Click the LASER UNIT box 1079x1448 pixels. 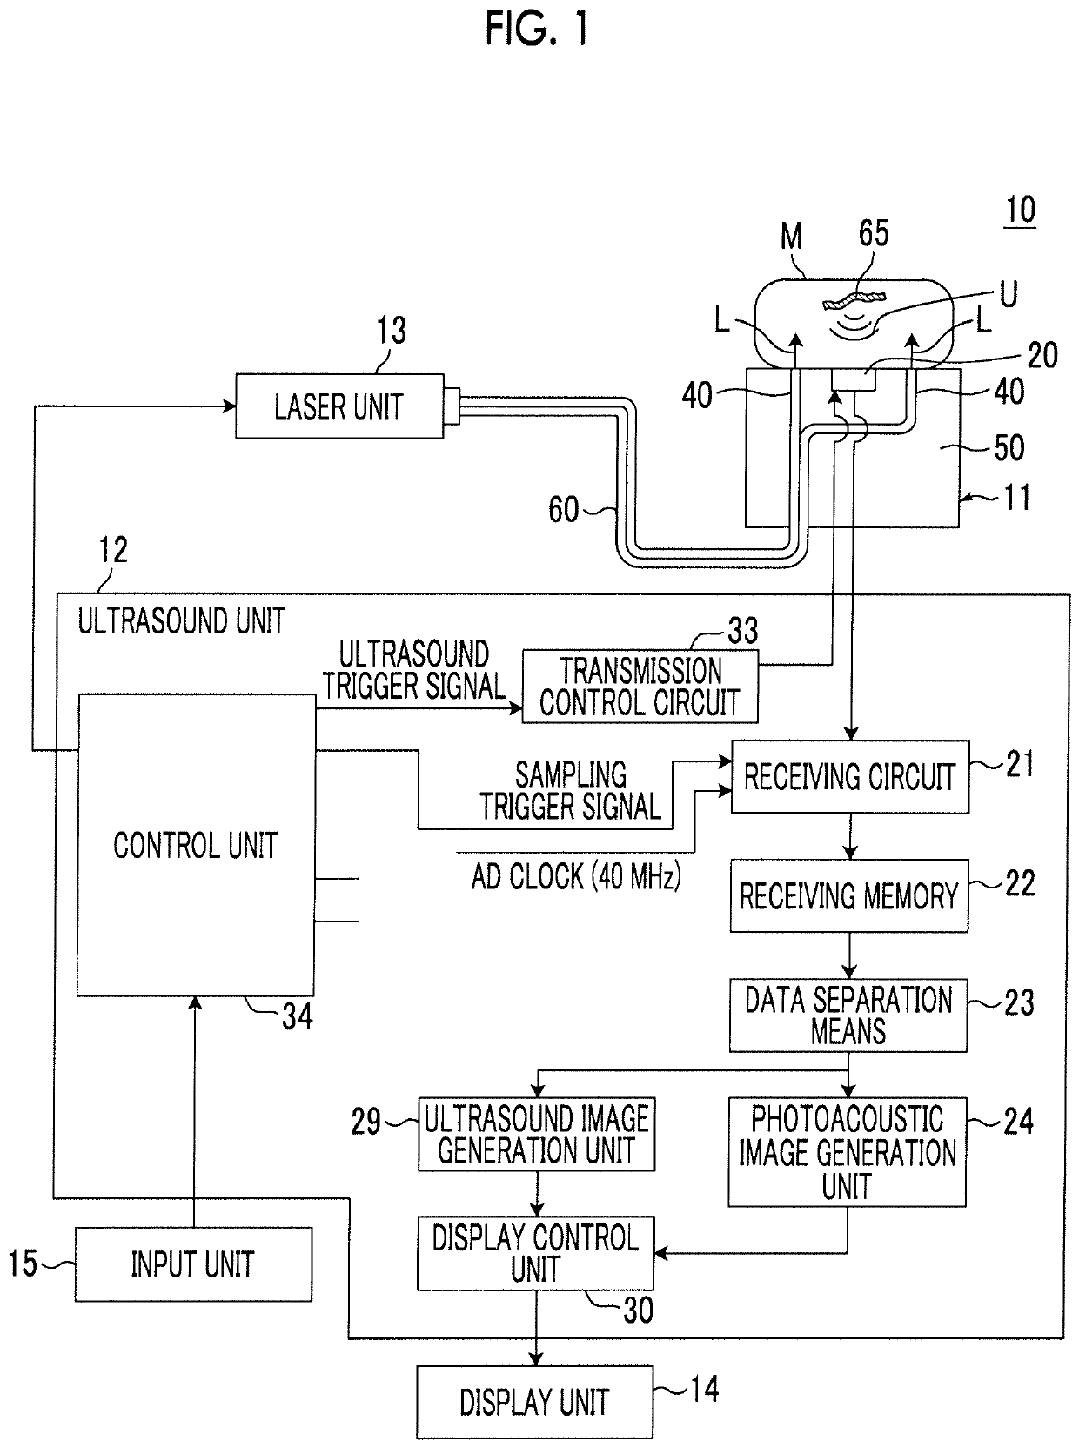click(x=339, y=406)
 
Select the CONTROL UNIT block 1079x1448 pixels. click(x=196, y=845)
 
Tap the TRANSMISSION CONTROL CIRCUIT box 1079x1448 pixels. click(x=640, y=686)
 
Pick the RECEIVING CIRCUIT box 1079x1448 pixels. click(x=849, y=776)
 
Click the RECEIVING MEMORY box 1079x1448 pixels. click(x=848, y=895)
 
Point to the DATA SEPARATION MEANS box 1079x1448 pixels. click(x=848, y=1016)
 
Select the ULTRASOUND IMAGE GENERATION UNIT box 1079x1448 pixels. click(x=536, y=1134)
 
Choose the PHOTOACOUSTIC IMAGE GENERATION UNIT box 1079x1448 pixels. click(x=847, y=1152)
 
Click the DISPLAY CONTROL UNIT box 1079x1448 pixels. click(x=535, y=1253)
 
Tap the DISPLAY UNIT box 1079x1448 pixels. click(x=535, y=1402)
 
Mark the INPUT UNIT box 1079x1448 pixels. click(x=193, y=1264)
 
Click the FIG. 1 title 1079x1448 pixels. click(x=536, y=29)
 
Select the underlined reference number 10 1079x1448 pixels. click(x=1021, y=211)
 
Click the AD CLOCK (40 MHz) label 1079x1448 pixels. click(x=576, y=876)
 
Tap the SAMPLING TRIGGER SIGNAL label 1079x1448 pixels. click(x=571, y=791)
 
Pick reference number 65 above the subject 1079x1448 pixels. click(x=874, y=233)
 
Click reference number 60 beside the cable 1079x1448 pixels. click(x=563, y=510)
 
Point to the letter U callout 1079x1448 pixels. click(x=1009, y=293)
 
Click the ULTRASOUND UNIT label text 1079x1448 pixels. click(x=181, y=620)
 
